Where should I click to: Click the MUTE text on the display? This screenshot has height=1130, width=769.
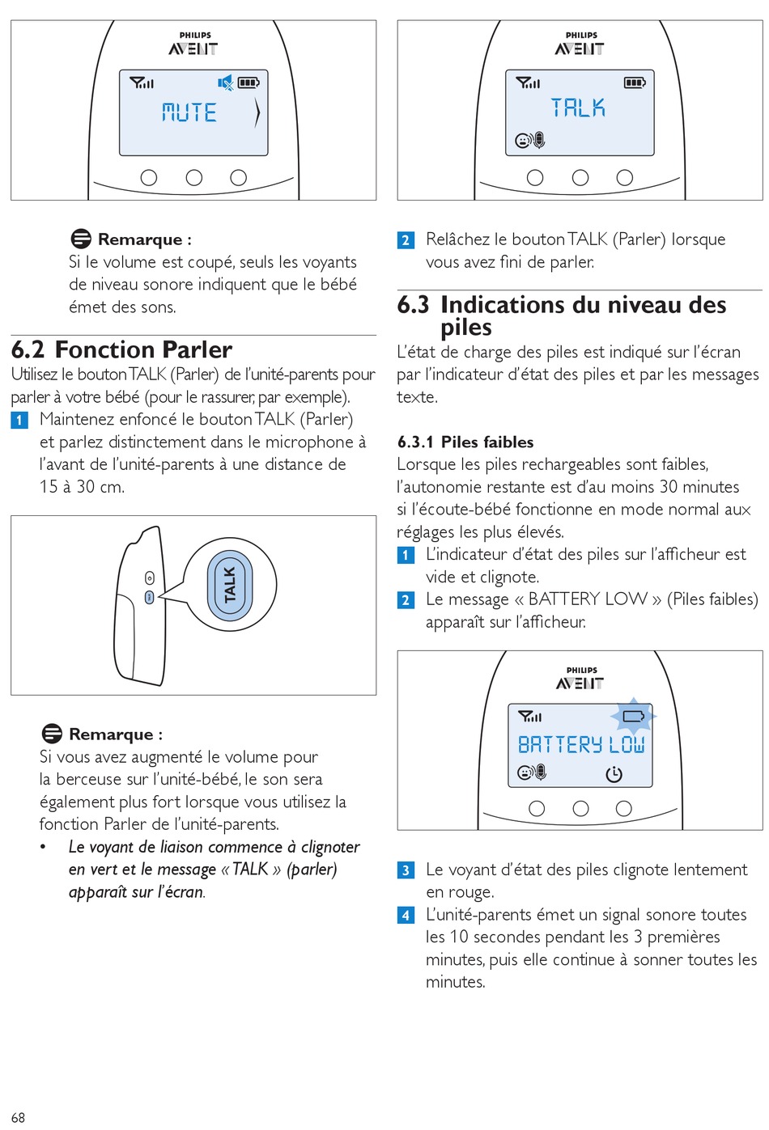click(x=189, y=112)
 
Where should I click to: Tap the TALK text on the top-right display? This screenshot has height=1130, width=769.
click(x=577, y=108)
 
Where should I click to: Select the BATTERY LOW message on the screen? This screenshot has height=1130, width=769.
click(x=581, y=744)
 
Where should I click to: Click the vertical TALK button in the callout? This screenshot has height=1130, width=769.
click(x=230, y=584)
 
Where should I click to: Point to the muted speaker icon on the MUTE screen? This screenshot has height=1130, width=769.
click(x=225, y=83)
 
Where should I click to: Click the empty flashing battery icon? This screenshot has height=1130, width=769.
click(x=634, y=716)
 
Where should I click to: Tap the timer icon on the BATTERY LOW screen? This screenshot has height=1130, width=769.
click(x=614, y=774)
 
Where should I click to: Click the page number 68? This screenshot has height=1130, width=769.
click(x=18, y=1117)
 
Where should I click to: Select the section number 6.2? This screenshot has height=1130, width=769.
click(x=28, y=349)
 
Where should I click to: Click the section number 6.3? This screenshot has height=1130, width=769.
click(x=413, y=305)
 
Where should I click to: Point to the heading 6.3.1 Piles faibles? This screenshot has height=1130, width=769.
click(x=465, y=442)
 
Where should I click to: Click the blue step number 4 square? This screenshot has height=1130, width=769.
click(x=406, y=915)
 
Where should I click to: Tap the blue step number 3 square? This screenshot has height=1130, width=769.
click(x=406, y=870)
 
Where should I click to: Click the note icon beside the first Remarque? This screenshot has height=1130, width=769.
click(x=81, y=239)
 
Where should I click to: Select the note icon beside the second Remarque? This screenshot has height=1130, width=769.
click(x=52, y=734)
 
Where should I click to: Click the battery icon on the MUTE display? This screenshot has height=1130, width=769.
click(x=248, y=83)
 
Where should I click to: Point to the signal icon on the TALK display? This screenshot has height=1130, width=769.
click(x=528, y=83)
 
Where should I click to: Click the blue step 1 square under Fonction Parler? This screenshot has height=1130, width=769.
click(x=19, y=420)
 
